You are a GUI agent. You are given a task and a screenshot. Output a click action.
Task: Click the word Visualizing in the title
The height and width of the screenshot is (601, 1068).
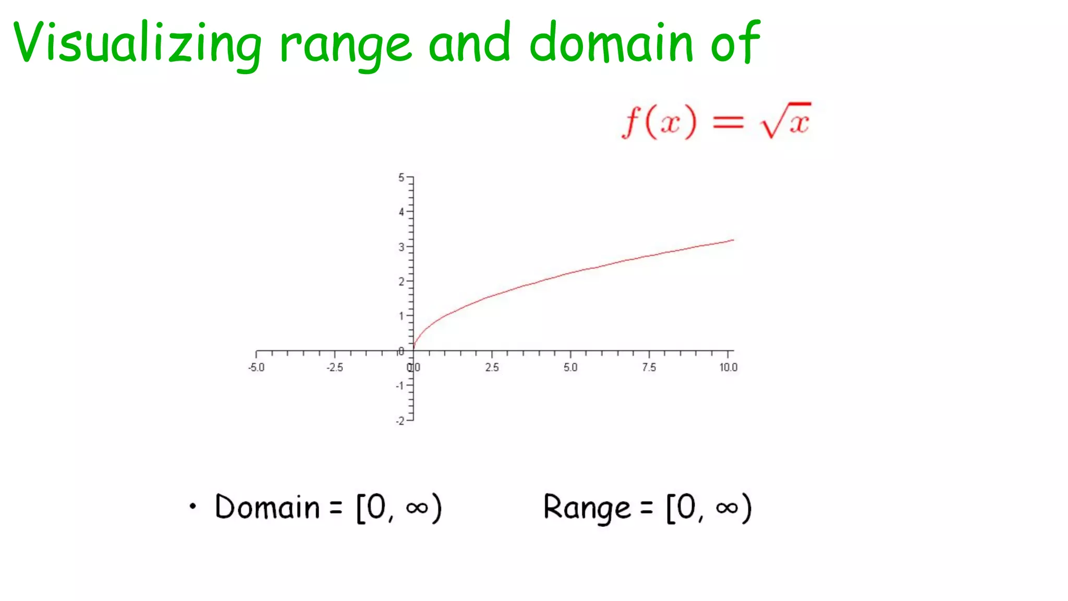click(x=137, y=43)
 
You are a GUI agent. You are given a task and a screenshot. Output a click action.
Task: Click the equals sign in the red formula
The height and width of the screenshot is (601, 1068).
click(x=728, y=123)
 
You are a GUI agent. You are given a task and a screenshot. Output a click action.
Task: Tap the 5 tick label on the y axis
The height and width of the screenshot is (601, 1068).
click(x=401, y=177)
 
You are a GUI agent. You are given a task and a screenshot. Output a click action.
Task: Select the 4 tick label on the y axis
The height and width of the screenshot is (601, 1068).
click(x=401, y=212)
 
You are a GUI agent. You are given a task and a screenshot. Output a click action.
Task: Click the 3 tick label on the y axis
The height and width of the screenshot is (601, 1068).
click(x=401, y=247)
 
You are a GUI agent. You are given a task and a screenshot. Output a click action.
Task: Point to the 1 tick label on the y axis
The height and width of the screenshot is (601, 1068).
click(x=401, y=316)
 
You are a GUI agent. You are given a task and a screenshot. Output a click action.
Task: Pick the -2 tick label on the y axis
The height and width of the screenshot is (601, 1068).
click(x=400, y=420)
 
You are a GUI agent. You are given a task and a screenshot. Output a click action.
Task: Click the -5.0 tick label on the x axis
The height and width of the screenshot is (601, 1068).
click(x=256, y=367)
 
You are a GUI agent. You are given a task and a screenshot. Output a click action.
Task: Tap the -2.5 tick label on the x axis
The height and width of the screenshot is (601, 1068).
click(x=335, y=367)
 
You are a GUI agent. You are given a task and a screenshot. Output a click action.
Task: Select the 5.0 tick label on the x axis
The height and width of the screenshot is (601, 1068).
click(x=571, y=367)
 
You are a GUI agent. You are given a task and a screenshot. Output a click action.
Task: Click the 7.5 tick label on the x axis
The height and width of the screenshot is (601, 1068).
click(x=649, y=367)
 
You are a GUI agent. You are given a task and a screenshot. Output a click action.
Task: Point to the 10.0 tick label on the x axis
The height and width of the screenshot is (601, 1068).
click(x=729, y=367)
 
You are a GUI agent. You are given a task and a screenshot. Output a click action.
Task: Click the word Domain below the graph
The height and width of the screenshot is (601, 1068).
click(x=267, y=507)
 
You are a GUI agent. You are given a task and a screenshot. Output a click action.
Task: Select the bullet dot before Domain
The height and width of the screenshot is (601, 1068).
click(x=193, y=506)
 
